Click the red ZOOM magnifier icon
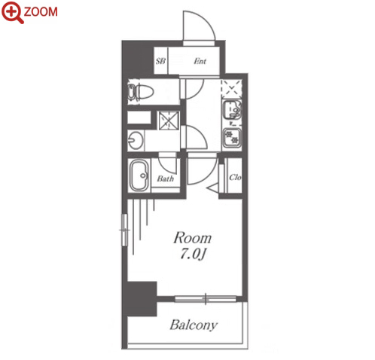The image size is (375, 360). tap(12, 12)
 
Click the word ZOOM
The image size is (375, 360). tap(41, 12)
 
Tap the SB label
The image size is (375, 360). tap(160, 61)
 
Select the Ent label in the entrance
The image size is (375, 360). tap(200, 61)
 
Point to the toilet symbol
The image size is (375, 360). tap(140, 93)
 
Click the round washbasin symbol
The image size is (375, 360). tap(136, 141)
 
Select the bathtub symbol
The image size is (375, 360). tap(139, 175)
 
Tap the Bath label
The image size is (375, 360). tap(166, 178)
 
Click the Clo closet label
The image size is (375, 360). tap(235, 177)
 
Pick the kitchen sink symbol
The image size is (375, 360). tap(232, 110)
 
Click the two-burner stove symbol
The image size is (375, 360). tap(232, 138)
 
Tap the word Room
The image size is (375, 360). tap(193, 238)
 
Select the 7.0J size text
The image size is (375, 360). tap(193, 254)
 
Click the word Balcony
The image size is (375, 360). tap(194, 325)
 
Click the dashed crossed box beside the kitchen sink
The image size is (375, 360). tap(231, 89)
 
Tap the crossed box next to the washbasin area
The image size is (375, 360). tap(169, 121)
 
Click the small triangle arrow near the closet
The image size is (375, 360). tap(212, 188)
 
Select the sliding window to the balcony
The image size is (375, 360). tap(206, 299)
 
